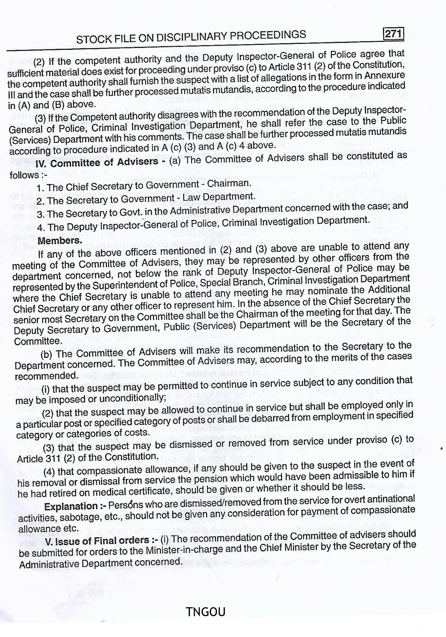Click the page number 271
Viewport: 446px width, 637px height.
click(393, 34)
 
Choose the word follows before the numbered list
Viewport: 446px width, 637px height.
click(24, 175)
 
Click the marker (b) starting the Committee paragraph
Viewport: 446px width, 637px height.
click(46, 354)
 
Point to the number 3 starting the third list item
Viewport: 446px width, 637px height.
click(40, 214)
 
